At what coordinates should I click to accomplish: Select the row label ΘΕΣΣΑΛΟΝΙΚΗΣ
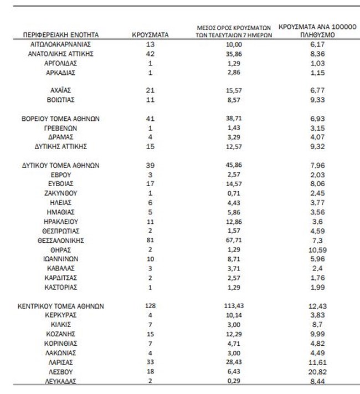pos(60,241)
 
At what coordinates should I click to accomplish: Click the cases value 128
pos(151,306)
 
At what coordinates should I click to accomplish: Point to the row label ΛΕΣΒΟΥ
pos(60,371)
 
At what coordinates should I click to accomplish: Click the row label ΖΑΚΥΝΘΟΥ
pos(60,193)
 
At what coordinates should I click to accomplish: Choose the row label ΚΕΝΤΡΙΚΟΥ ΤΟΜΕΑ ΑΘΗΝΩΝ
pos(60,306)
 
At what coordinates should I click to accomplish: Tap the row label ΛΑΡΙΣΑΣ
pos(60,362)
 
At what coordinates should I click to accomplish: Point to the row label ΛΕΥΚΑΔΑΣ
pos(60,381)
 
